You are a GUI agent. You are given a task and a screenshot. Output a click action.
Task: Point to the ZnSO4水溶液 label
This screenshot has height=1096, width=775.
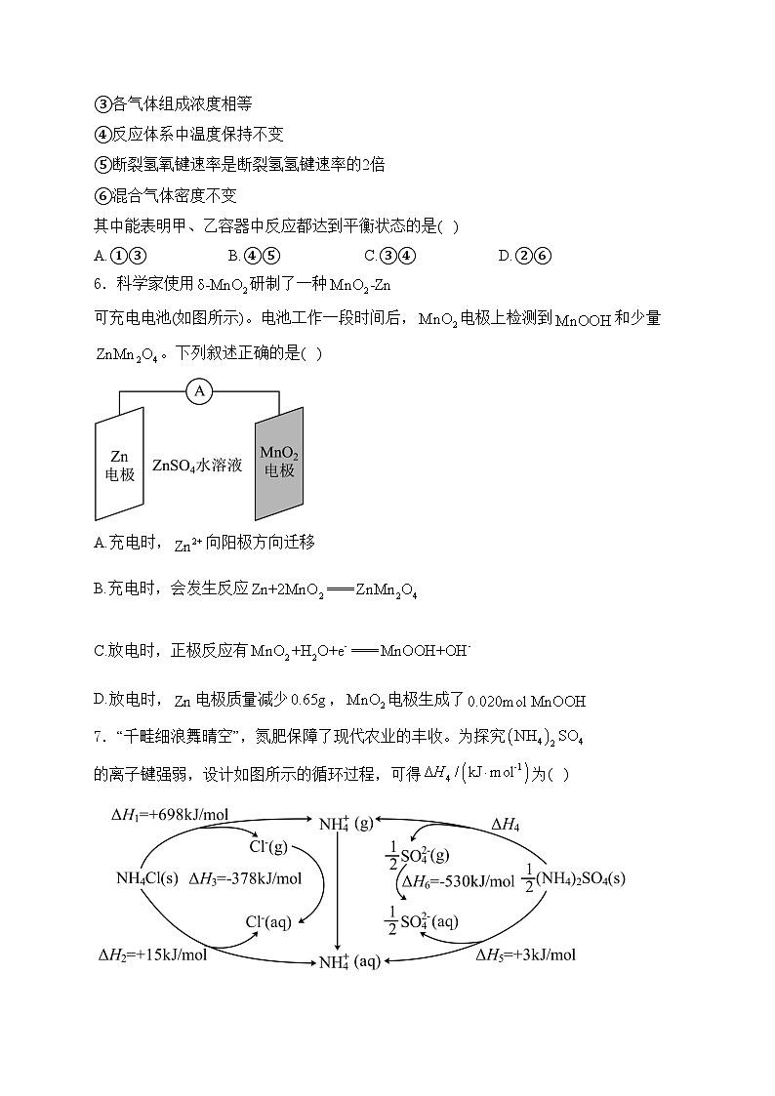point(197,467)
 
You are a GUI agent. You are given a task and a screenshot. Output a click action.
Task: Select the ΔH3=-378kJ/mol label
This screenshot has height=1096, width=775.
point(245,877)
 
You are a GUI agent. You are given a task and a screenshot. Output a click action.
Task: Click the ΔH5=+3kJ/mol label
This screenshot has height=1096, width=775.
point(525,954)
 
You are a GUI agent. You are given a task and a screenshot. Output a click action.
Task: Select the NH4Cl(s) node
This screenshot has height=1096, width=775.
point(147,877)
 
